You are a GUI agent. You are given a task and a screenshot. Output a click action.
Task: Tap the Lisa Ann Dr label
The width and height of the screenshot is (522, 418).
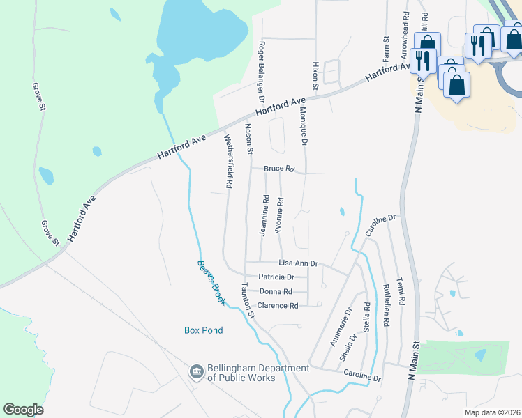pyautogui.click(x=298, y=263)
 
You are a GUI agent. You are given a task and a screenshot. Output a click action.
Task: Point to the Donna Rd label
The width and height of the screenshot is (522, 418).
pyautogui.click(x=274, y=291)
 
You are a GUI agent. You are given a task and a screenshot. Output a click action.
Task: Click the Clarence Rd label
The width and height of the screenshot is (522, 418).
pyautogui.click(x=278, y=305)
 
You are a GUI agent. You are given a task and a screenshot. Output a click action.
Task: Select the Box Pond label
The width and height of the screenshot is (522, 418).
pyautogui.click(x=203, y=330)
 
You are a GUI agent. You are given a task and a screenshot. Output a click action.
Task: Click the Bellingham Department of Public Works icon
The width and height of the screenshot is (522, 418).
pyautogui.click(x=196, y=373)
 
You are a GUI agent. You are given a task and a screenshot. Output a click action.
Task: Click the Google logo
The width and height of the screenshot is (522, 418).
pyautogui.click(x=23, y=409)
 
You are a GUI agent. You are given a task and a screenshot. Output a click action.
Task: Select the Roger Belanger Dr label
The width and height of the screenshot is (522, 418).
pyautogui.click(x=262, y=67)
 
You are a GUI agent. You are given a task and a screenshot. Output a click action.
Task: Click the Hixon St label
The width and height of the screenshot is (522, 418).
pyautogui.click(x=315, y=75)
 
